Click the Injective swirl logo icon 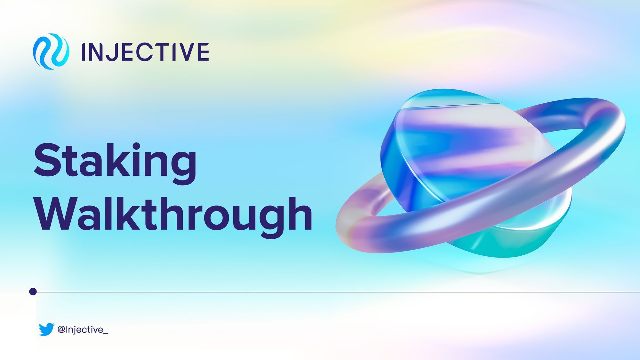(51, 52)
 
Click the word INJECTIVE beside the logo (145, 52)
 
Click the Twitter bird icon (46, 329)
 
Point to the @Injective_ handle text (83, 330)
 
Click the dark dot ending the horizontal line (33, 292)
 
